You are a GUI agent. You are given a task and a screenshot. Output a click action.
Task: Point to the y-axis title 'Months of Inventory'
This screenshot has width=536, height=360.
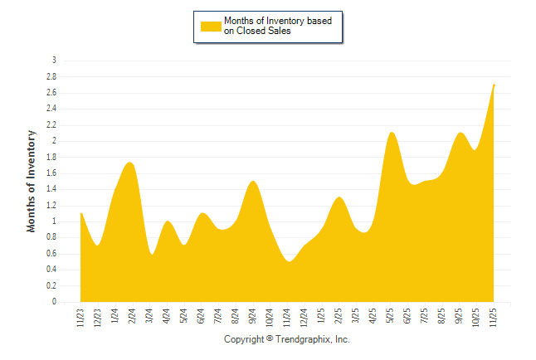[x=32, y=181]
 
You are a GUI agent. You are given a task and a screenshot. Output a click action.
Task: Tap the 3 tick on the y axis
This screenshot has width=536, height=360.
[x=54, y=61]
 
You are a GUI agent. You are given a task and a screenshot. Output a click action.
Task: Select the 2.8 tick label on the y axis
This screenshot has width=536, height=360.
[x=51, y=76]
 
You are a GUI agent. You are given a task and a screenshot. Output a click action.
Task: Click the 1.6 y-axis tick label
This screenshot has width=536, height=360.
[x=51, y=173]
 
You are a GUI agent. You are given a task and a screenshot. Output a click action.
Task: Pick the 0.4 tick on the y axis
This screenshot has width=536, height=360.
[x=51, y=270]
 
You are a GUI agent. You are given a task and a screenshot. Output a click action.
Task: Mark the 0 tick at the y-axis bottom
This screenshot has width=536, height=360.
[x=54, y=302]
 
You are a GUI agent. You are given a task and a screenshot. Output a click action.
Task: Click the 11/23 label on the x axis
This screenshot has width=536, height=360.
[x=80, y=316]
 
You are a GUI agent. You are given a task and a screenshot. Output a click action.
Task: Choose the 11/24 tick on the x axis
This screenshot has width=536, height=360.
[x=287, y=316]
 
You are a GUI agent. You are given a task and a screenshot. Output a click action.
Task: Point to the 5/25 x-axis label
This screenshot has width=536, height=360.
[x=391, y=315]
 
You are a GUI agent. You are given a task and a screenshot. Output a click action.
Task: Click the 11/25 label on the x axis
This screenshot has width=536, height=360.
[x=495, y=316]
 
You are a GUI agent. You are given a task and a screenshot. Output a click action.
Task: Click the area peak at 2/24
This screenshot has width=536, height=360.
[x=129, y=163]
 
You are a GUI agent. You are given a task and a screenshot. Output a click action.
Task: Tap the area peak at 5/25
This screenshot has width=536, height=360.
[x=392, y=133]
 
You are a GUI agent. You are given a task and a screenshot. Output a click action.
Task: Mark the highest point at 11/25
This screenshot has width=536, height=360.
[x=494, y=85]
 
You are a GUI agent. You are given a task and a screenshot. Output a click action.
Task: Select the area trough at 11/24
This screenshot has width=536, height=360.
[x=288, y=261]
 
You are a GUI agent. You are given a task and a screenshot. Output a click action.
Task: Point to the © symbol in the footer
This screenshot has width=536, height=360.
[x=269, y=340]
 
